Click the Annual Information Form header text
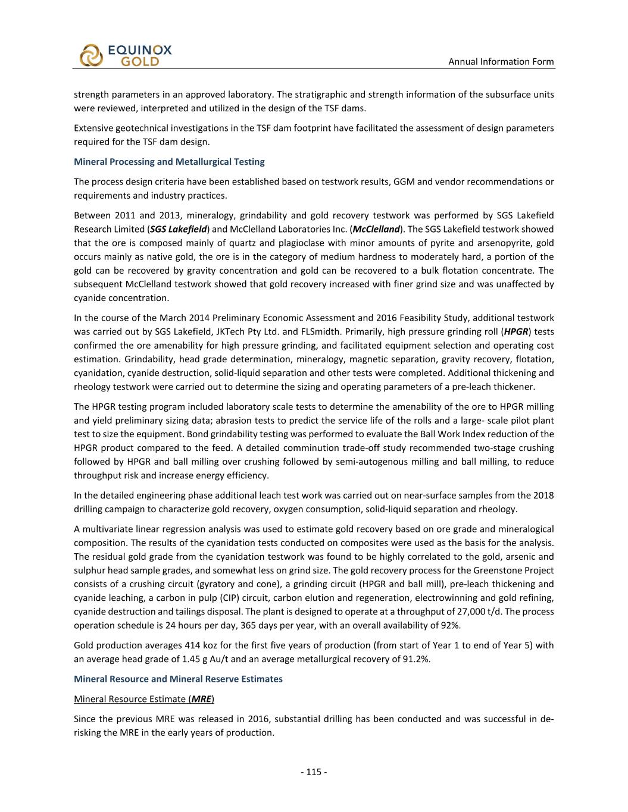[x=501, y=61]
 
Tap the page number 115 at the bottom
[x=314, y=772]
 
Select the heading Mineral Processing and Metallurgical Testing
[x=169, y=162]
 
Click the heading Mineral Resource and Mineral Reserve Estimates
[x=178, y=679]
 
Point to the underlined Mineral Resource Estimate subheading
[x=143, y=698]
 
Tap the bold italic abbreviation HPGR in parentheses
[x=515, y=332]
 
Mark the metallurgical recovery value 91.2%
[x=417, y=659]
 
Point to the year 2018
[x=543, y=496]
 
